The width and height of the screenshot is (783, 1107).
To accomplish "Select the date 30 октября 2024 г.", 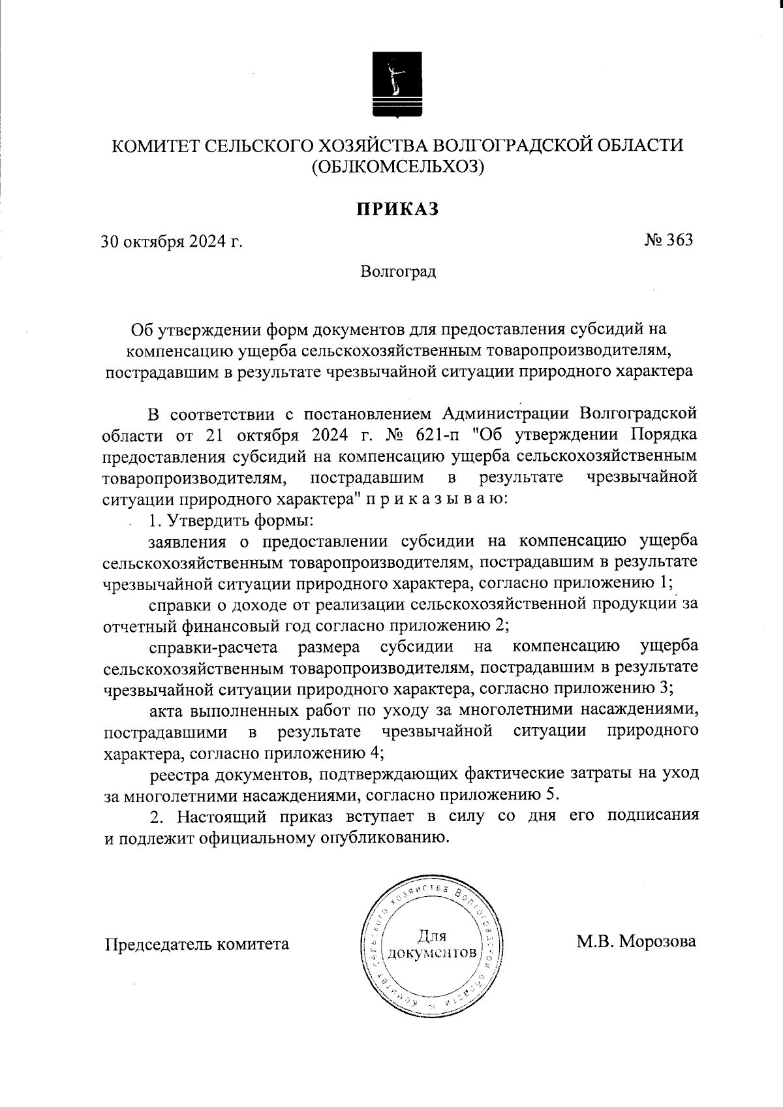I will point(172,242).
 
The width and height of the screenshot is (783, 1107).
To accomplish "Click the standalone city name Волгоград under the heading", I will point(398,271).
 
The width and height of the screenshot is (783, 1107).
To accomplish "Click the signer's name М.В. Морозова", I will point(636,942).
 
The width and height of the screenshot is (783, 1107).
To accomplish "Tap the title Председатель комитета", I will point(197,944).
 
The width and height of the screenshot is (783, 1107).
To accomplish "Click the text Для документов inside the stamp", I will point(431,944).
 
